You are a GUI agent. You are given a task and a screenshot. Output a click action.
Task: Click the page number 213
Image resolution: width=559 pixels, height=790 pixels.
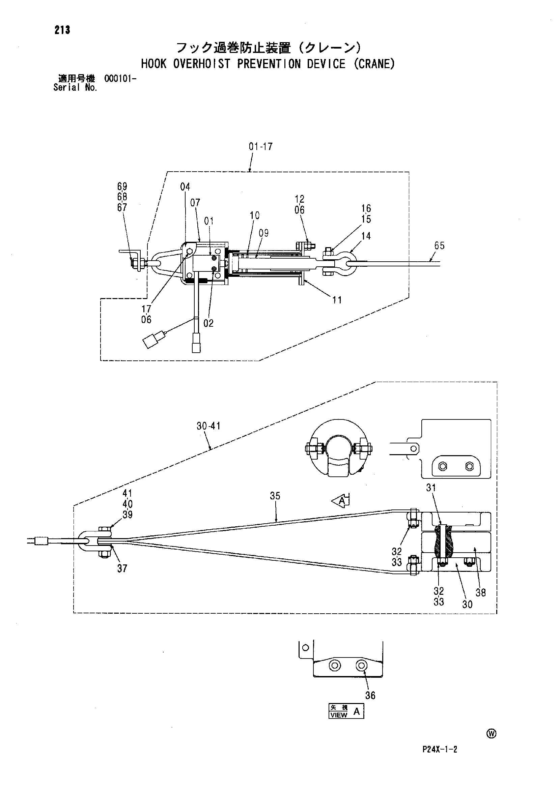(62, 30)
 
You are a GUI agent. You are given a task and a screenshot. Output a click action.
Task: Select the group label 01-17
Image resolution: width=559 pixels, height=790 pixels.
(260, 147)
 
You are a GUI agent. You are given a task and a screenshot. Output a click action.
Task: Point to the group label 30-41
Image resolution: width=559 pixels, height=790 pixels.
(208, 426)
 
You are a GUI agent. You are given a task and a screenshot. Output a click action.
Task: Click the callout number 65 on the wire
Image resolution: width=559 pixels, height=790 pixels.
(440, 246)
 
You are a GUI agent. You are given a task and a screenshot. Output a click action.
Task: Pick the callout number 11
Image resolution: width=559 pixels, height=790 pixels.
(337, 300)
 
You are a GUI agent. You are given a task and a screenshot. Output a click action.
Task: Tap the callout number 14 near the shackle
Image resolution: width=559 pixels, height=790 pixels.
(366, 236)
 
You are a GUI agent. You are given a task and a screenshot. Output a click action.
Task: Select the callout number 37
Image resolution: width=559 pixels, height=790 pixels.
(122, 568)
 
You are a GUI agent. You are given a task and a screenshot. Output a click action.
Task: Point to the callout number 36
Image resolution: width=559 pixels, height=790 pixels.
(370, 696)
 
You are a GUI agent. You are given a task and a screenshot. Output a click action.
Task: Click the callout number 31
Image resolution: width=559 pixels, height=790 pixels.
(431, 488)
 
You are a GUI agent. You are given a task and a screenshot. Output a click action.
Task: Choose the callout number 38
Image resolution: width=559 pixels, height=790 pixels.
(480, 592)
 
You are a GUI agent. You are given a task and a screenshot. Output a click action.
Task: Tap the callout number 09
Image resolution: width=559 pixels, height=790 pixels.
(264, 233)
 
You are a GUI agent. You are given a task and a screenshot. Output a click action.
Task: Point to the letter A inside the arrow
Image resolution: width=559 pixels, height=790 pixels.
(342, 502)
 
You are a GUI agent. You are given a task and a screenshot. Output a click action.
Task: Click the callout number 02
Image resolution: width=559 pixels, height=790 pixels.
(208, 323)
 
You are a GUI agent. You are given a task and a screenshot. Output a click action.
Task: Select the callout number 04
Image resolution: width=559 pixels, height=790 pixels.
(185, 187)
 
